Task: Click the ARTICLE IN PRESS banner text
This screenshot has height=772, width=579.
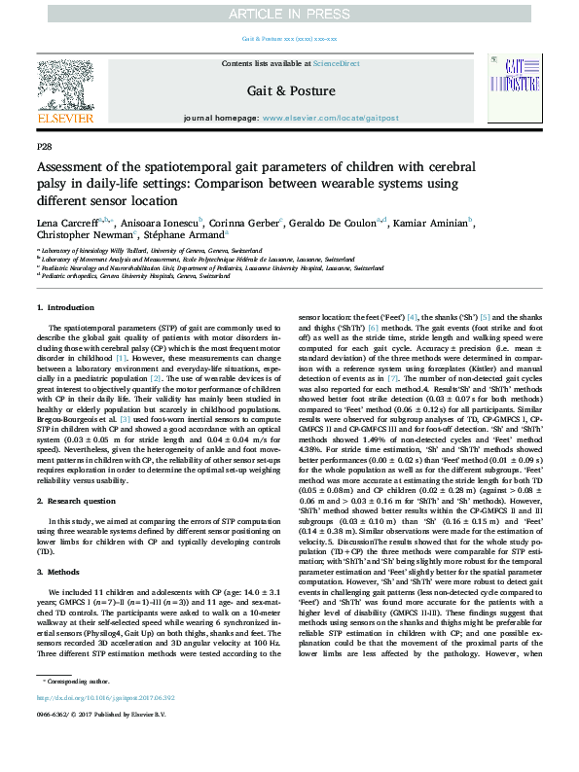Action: point(289,13)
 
